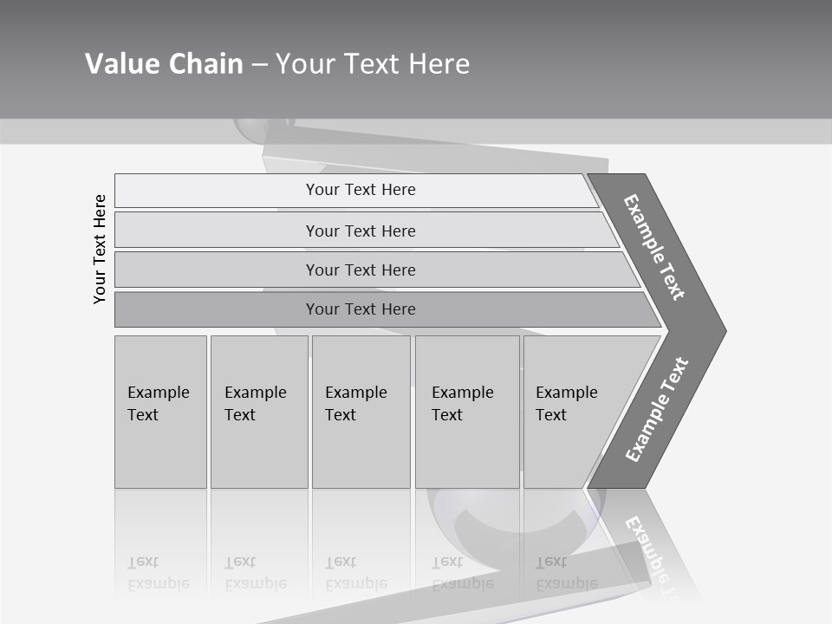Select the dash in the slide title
259,65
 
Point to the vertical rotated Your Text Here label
100,249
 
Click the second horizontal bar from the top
361,231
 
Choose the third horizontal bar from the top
361,270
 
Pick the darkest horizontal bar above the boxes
361,309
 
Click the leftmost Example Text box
160,412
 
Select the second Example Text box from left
259,412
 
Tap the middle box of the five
361,412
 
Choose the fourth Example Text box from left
467,412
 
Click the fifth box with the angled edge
572,412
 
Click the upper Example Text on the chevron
654,246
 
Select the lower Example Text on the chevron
656,410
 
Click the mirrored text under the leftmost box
159,573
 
